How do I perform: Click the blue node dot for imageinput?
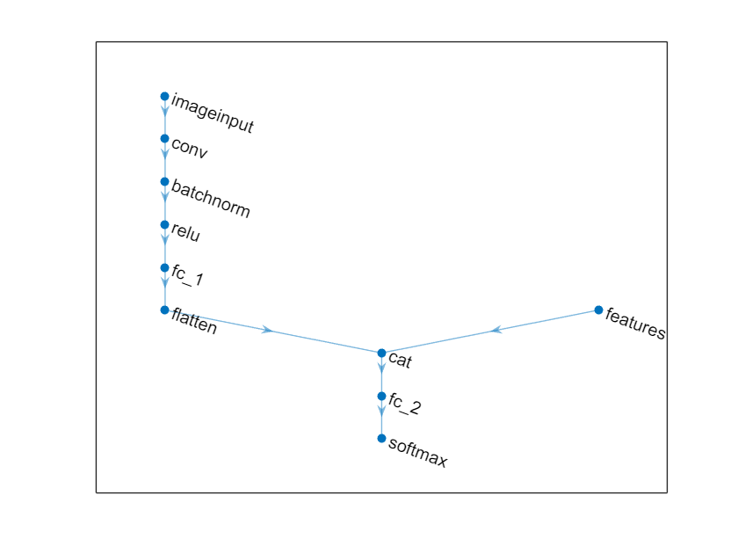[x=164, y=96]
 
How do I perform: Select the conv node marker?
[x=164, y=139]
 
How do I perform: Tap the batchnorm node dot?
[x=164, y=181]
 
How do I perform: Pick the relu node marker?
[x=164, y=225]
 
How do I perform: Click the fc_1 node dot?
[x=164, y=267]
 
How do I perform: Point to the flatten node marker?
[x=164, y=310]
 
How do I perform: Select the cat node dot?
[x=381, y=353]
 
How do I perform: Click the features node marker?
[x=598, y=310]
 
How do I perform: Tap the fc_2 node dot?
[x=381, y=397]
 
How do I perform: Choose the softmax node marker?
[x=381, y=439]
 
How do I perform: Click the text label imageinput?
[x=213, y=113]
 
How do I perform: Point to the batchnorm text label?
[x=210, y=199]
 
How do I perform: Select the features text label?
[x=635, y=324]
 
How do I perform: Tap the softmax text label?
[x=417, y=452]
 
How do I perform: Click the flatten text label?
[x=194, y=321]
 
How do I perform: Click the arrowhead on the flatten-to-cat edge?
[x=267, y=330]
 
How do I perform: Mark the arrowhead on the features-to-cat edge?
[x=496, y=330]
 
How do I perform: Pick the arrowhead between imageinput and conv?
[x=165, y=111]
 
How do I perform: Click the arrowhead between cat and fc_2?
[x=381, y=368]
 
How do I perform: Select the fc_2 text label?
[x=405, y=404]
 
